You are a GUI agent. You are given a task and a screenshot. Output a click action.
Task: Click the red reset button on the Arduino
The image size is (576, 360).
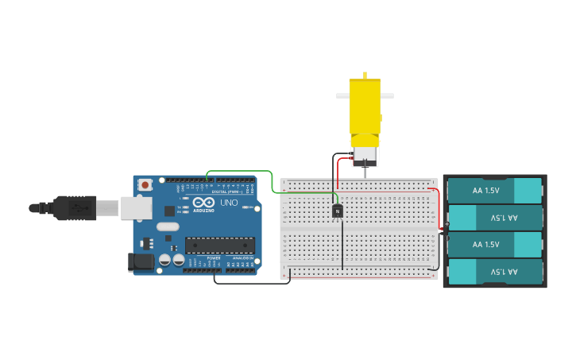145,185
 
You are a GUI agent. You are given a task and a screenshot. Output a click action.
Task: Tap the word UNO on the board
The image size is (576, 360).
229,203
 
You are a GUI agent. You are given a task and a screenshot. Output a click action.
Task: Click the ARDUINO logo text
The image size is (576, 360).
203,210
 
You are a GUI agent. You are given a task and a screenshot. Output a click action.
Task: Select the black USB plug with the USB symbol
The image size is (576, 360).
75,207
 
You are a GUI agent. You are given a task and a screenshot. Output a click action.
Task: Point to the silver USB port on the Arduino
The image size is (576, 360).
136,207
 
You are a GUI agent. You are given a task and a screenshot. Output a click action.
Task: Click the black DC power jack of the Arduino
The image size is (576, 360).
141,261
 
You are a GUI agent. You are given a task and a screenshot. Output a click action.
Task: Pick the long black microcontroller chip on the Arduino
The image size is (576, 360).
219,246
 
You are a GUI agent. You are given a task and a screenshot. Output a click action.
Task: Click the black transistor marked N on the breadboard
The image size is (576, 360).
338,211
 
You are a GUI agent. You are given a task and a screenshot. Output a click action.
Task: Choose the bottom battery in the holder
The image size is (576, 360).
495,272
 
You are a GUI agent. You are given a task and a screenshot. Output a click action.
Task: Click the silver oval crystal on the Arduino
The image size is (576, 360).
168,226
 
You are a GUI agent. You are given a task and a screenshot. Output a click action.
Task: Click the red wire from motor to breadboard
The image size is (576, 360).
338,171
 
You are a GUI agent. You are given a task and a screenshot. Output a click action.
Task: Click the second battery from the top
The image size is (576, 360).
495,217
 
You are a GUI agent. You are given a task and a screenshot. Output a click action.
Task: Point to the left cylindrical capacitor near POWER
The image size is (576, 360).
164,260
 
